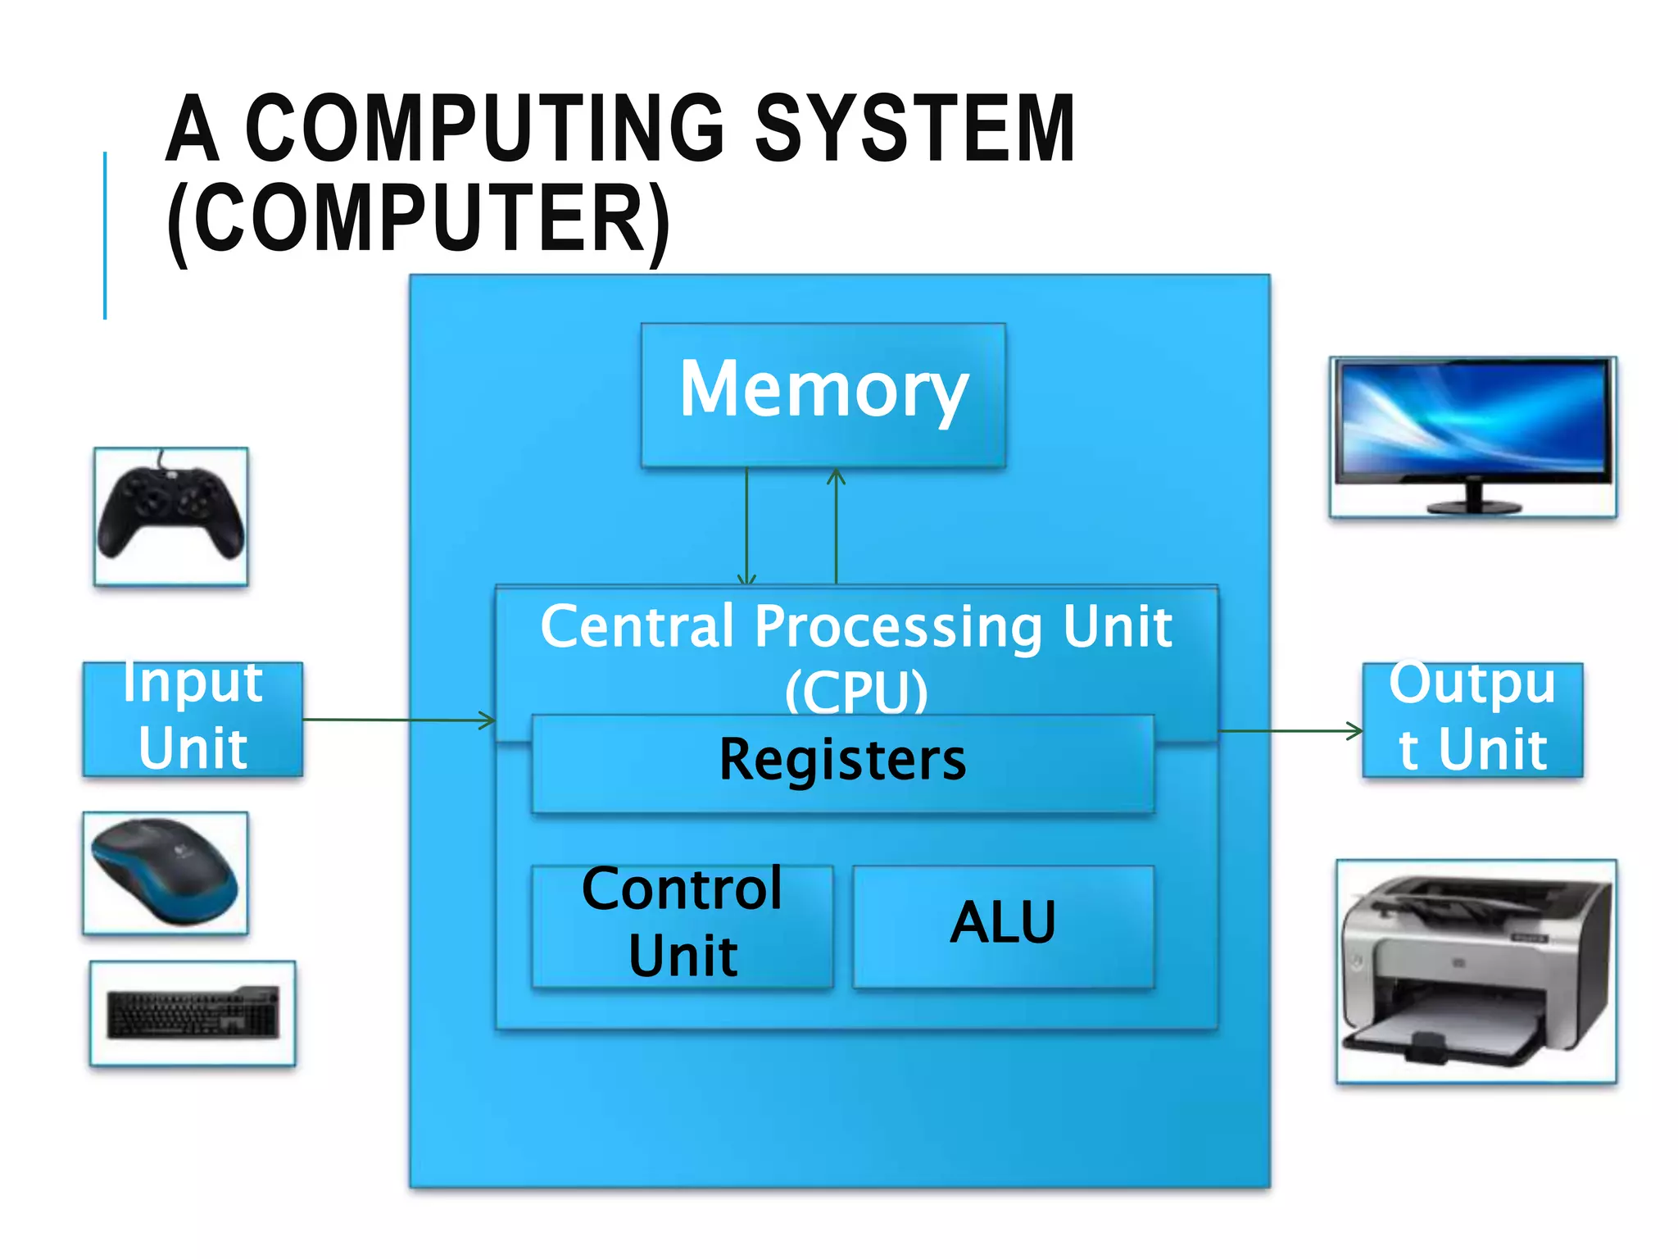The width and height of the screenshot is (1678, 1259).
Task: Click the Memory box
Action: (823, 395)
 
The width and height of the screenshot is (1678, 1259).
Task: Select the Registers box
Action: (842, 762)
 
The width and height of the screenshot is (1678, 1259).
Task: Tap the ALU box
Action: (1003, 926)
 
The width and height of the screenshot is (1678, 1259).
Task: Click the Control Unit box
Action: (682, 926)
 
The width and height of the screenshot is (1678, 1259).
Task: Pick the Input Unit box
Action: (193, 719)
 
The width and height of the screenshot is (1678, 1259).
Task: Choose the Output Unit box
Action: (1472, 720)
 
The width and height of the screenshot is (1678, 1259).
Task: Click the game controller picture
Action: (170, 516)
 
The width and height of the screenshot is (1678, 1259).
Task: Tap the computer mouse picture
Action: (165, 872)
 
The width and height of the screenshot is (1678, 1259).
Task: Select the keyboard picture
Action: (193, 1013)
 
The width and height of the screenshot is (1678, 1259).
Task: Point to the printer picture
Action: (1476, 971)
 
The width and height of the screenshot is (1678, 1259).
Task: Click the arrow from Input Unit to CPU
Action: (398, 720)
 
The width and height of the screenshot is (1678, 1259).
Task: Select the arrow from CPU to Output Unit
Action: (1290, 730)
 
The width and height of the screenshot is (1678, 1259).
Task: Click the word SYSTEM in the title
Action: (914, 129)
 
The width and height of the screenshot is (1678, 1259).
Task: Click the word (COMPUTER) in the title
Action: (418, 220)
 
